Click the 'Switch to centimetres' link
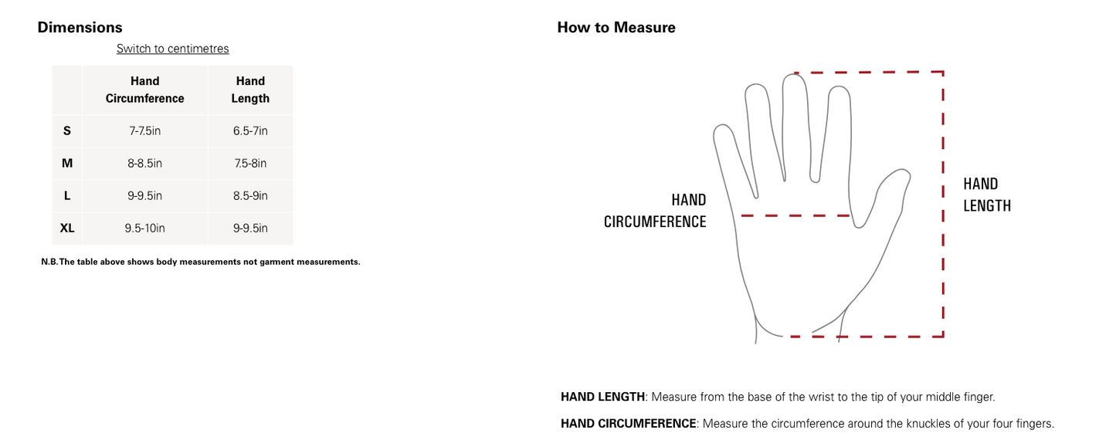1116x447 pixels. [172, 49]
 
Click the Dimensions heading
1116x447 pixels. [80, 27]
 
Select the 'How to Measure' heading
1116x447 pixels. [616, 27]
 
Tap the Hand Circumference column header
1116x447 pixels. [145, 90]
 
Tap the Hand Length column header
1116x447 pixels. [250, 90]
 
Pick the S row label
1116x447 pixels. [67, 131]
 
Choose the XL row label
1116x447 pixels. [67, 228]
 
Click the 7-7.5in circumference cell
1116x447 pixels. [145, 131]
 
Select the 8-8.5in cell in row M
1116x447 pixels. [145, 163]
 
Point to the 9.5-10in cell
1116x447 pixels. [145, 228]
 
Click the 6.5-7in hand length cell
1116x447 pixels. [250, 131]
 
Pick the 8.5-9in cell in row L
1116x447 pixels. [250, 195]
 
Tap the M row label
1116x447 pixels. [67, 163]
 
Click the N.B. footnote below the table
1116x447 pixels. [201, 262]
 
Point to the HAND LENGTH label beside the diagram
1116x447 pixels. [987, 195]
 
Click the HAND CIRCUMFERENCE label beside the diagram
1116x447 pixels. [655, 211]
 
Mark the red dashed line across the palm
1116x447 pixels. [795, 215]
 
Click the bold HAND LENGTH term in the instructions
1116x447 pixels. [603, 397]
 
